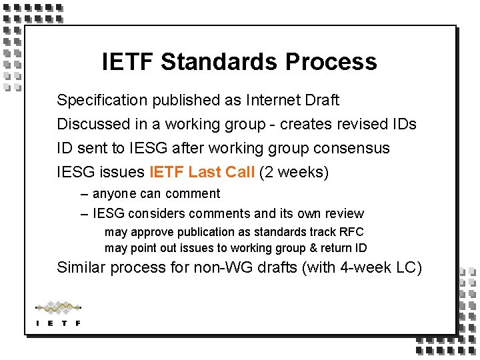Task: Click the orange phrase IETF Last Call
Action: pyautogui.click(x=202, y=172)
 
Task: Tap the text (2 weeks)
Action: pyautogui.click(x=294, y=172)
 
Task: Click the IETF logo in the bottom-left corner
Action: pyautogui.click(x=58, y=314)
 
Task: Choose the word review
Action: pyautogui.click(x=345, y=214)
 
